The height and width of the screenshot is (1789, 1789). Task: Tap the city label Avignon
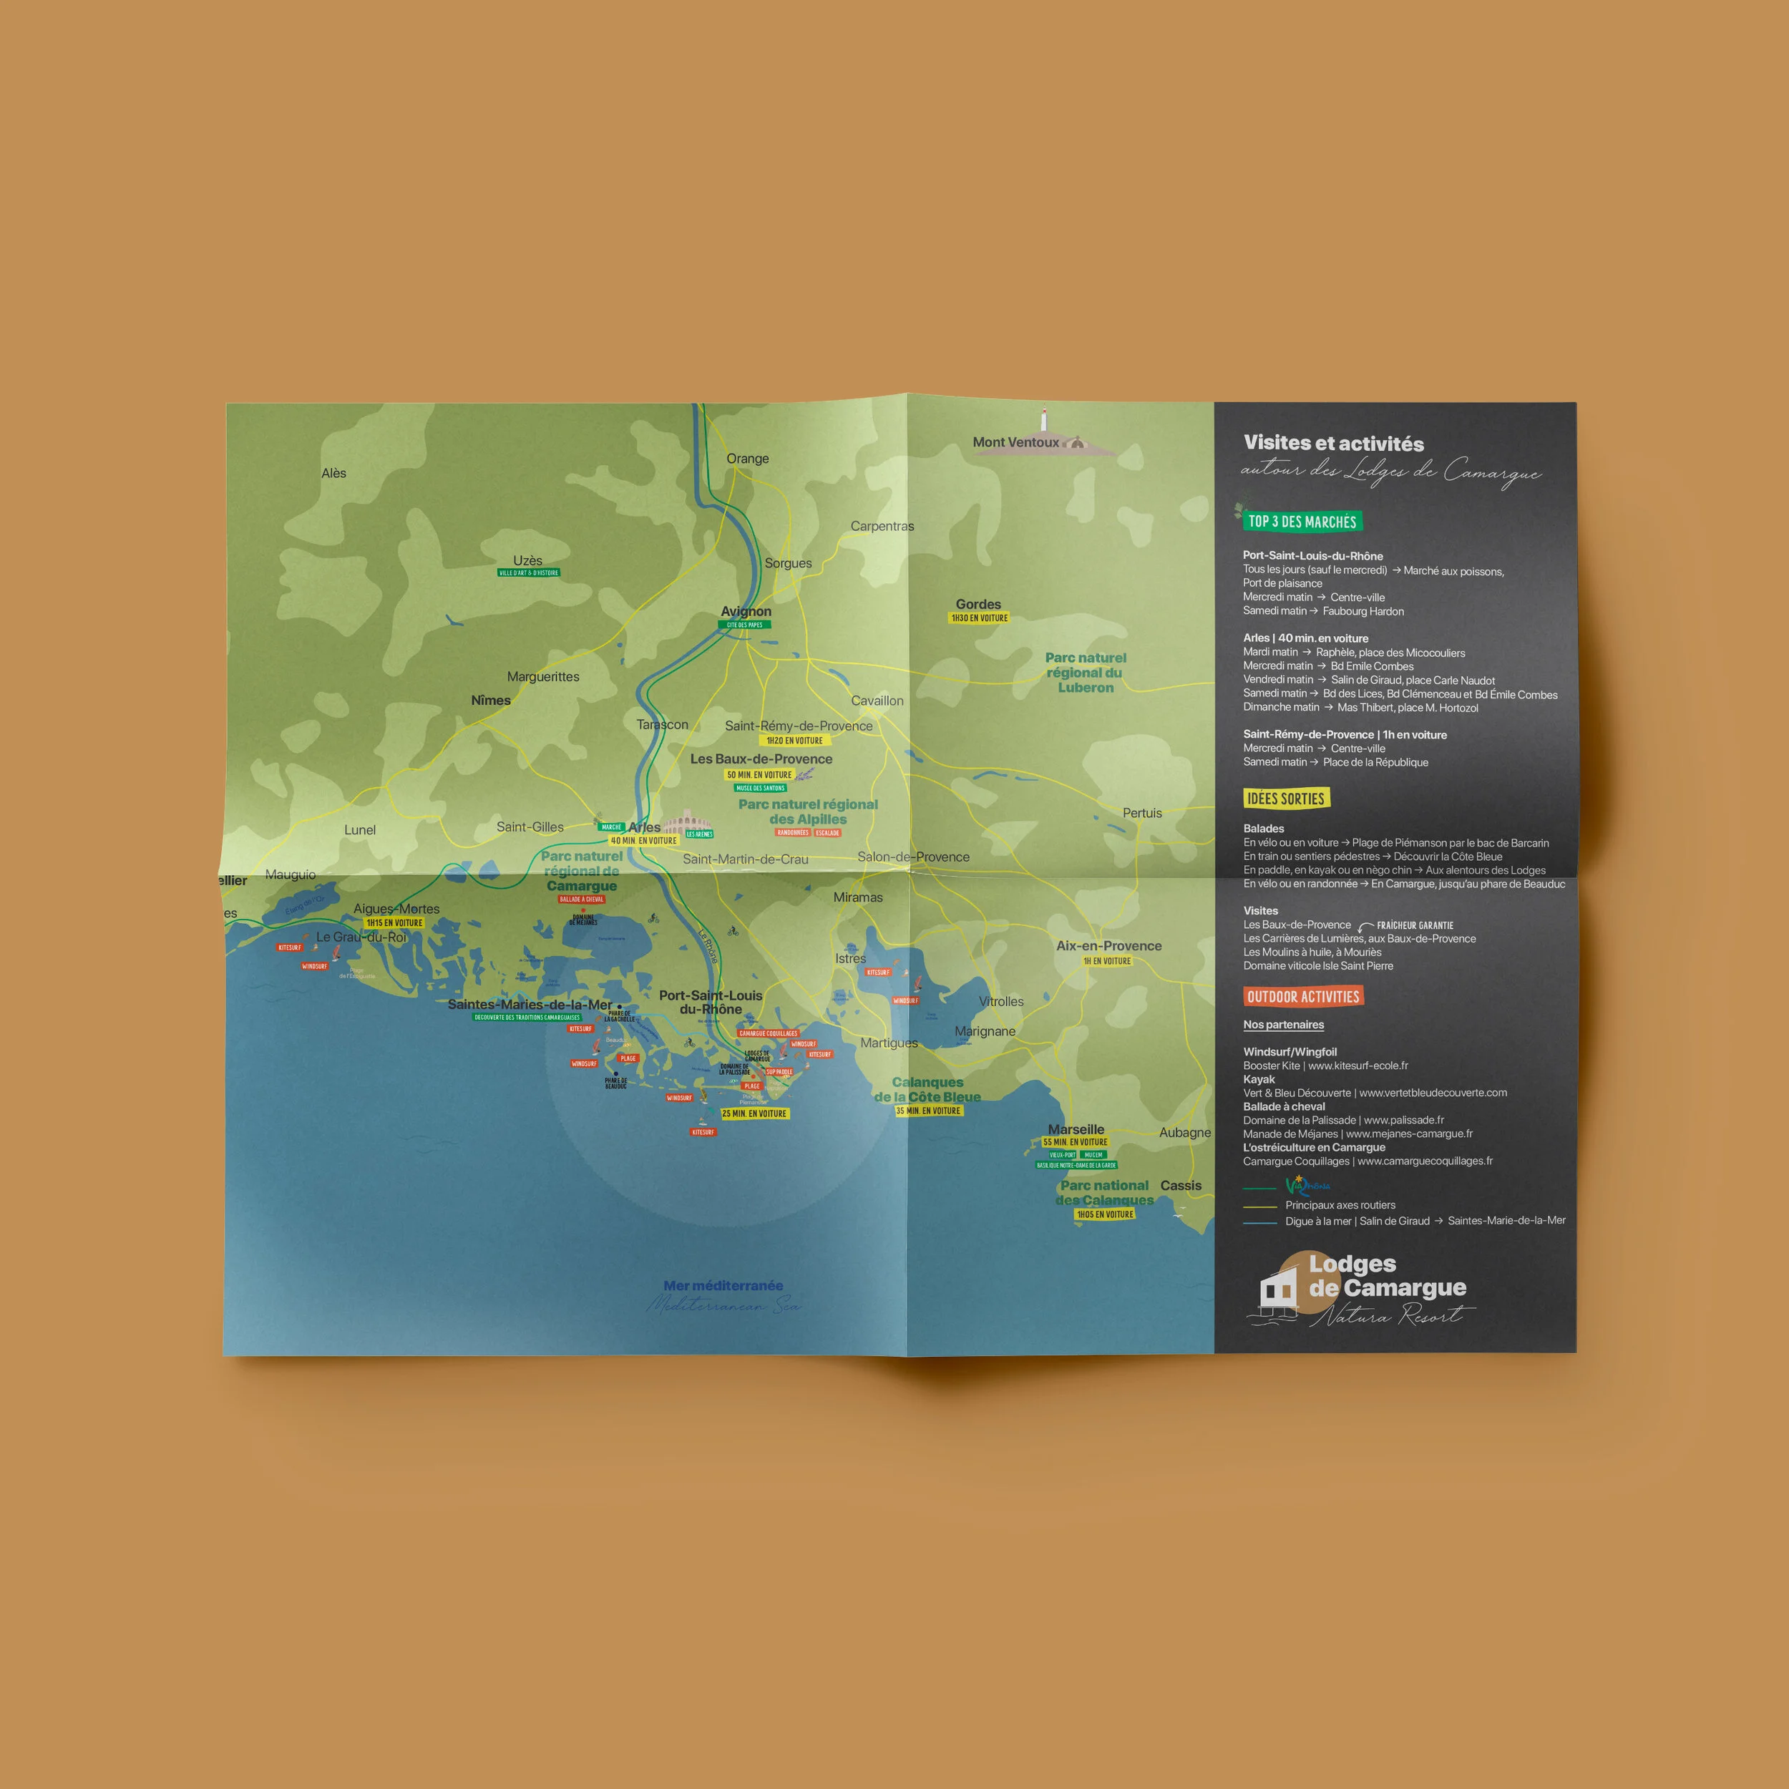[746, 611]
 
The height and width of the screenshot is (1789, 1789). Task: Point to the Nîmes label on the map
[491, 700]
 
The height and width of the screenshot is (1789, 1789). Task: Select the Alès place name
[333, 473]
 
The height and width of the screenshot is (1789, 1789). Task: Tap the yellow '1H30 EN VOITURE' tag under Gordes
[979, 618]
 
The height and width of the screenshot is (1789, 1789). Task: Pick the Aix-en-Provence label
[1108, 945]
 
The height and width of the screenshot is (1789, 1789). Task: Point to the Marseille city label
[1076, 1129]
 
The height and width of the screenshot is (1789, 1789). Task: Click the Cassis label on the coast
[1181, 1185]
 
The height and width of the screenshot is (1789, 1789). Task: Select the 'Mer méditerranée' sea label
[723, 1285]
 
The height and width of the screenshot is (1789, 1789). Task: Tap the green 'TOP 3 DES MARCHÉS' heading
[1302, 522]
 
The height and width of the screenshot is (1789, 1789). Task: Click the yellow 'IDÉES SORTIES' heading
[1285, 798]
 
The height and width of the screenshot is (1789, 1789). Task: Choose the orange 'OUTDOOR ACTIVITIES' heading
[1303, 996]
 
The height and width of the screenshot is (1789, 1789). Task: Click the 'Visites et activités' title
[1333, 444]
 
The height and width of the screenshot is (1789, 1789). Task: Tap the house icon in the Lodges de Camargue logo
[1278, 1289]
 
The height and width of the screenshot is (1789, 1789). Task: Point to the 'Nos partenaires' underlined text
[1283, 1024]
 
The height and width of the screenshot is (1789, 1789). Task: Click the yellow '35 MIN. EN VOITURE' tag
[929, 1111]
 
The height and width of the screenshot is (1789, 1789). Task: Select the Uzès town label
[528, 560]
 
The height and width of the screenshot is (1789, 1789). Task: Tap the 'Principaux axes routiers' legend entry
[1340, 1204]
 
